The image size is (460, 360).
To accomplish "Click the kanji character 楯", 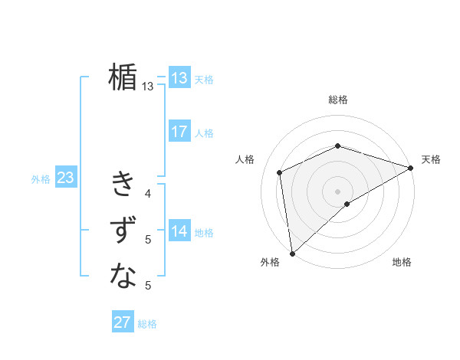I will tap(123, 77).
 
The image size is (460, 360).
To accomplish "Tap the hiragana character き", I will tap(123, 185).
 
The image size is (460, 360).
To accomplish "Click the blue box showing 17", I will tap(179, 132).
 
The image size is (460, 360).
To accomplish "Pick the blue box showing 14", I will tap(179, 231).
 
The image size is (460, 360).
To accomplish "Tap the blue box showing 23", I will tap(65, 178).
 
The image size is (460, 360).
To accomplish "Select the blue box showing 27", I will tap(123, 322).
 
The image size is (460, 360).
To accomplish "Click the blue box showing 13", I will tap(179, 78).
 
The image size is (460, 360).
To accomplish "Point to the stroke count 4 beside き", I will tap(148, 194).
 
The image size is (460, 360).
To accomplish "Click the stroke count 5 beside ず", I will tap(148, 240).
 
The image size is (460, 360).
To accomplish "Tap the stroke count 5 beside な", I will tap(148, 286).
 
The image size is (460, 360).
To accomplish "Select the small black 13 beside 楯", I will tap(148, 87).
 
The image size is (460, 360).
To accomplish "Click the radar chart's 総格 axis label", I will tap(338, 100).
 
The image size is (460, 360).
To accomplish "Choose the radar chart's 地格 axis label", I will tap(402, 263).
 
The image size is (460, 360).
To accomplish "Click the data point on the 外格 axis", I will tap(292, 254).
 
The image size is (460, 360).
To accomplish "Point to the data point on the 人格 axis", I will tap(280, 172).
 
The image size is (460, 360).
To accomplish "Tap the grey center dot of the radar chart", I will tap(338, 191).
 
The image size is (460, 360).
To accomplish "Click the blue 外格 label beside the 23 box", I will tap(41, 179).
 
